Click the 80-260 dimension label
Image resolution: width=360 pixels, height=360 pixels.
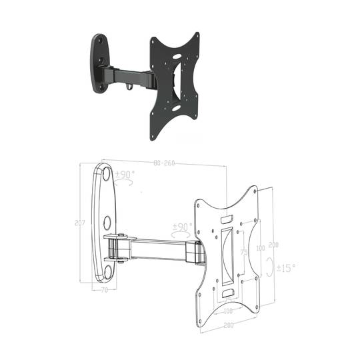click(x=164, y=163)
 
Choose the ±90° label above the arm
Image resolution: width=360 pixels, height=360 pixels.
click(x=182, y=227)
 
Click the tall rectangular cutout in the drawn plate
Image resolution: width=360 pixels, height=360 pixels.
click(x=227, y=253)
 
